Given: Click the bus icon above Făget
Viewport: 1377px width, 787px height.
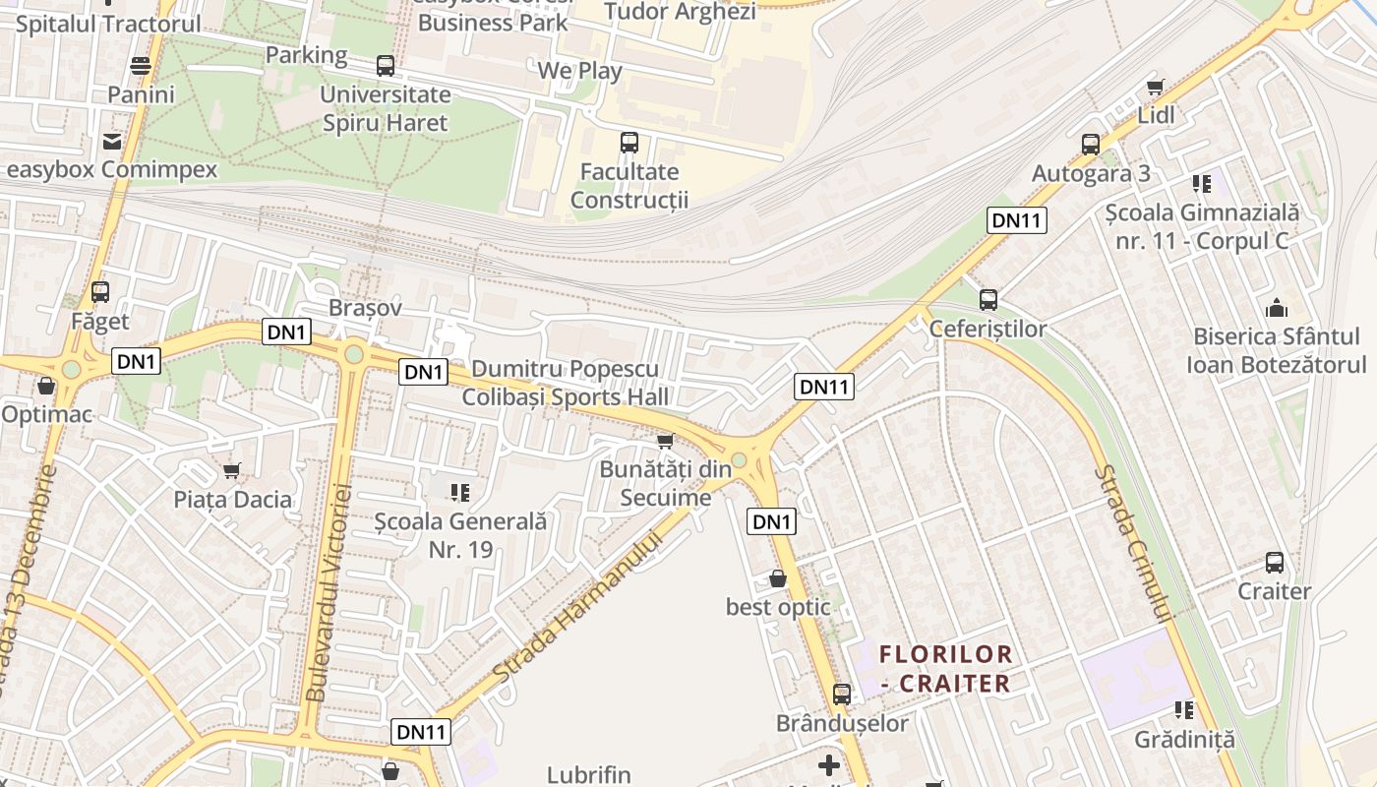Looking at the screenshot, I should click(99, 291).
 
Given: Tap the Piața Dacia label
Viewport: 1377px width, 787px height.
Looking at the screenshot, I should click(233, 499).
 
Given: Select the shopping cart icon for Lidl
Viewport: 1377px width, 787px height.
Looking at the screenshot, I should click(1156, 88).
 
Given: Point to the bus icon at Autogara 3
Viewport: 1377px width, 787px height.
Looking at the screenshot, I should click(1090, 144).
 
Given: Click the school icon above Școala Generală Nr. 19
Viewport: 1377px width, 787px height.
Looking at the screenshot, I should click(460, 491).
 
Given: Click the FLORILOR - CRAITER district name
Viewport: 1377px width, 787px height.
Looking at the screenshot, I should click(944, 668).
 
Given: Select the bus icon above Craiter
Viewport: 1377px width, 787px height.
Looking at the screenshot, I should click(1274, 563).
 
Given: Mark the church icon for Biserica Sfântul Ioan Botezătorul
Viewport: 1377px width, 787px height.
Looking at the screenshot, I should click(1276, 308).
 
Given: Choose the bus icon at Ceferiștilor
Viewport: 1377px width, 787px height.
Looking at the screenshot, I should click(988, 299).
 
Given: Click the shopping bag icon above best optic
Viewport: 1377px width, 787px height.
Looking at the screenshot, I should click(777, 578).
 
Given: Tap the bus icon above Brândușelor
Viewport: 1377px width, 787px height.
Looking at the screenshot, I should click(841, 694).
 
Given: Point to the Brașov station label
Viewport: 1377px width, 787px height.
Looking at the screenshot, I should click(365, 307).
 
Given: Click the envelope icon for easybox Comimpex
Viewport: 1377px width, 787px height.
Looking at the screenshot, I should click(112, 142).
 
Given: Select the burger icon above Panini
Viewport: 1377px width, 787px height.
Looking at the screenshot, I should click(141, 66).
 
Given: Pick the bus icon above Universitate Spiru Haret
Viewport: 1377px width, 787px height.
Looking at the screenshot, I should click(386, 66).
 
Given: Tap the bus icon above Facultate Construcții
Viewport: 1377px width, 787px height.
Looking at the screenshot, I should click(629, 143).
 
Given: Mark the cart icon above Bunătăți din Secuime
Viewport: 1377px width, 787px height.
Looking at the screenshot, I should click(665, 441).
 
